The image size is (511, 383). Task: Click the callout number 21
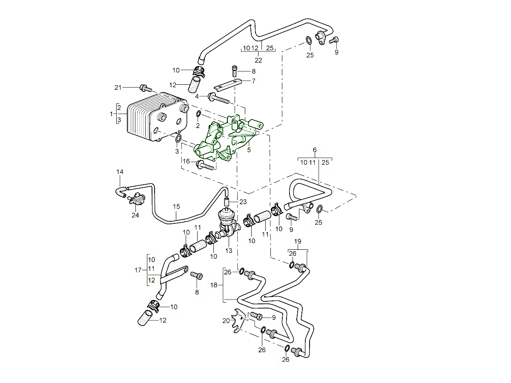[x=118, y=87]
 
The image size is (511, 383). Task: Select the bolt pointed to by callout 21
[x=146, y=89]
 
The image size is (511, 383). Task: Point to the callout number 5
[x=249, y=150]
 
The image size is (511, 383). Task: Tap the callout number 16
[x=186, y=161]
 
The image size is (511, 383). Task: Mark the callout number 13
[x=229, y=251]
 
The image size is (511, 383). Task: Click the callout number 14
[x=120, y=171]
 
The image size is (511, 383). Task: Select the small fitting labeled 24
[x=136, y=198]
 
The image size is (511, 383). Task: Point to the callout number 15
[x=176, y=206]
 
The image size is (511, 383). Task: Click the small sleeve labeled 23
[x=227, y=201]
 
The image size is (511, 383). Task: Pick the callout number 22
[x=258, y=60]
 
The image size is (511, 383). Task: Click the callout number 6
[x=315, y=150]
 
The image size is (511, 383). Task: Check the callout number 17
[x=138, y=270]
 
